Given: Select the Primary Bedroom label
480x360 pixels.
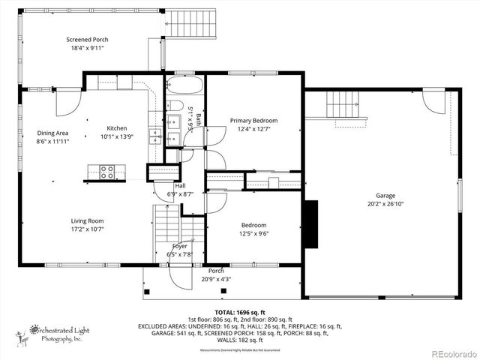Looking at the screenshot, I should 253,121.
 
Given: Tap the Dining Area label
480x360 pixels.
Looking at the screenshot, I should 52,133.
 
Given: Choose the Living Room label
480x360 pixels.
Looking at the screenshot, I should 87,221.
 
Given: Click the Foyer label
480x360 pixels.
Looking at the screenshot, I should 179,246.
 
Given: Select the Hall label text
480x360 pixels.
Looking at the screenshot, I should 180,185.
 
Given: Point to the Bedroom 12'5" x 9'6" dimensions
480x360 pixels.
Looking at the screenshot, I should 253,233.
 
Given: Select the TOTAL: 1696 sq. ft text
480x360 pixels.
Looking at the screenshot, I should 240,312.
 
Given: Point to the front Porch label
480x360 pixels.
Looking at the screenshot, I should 216,271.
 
